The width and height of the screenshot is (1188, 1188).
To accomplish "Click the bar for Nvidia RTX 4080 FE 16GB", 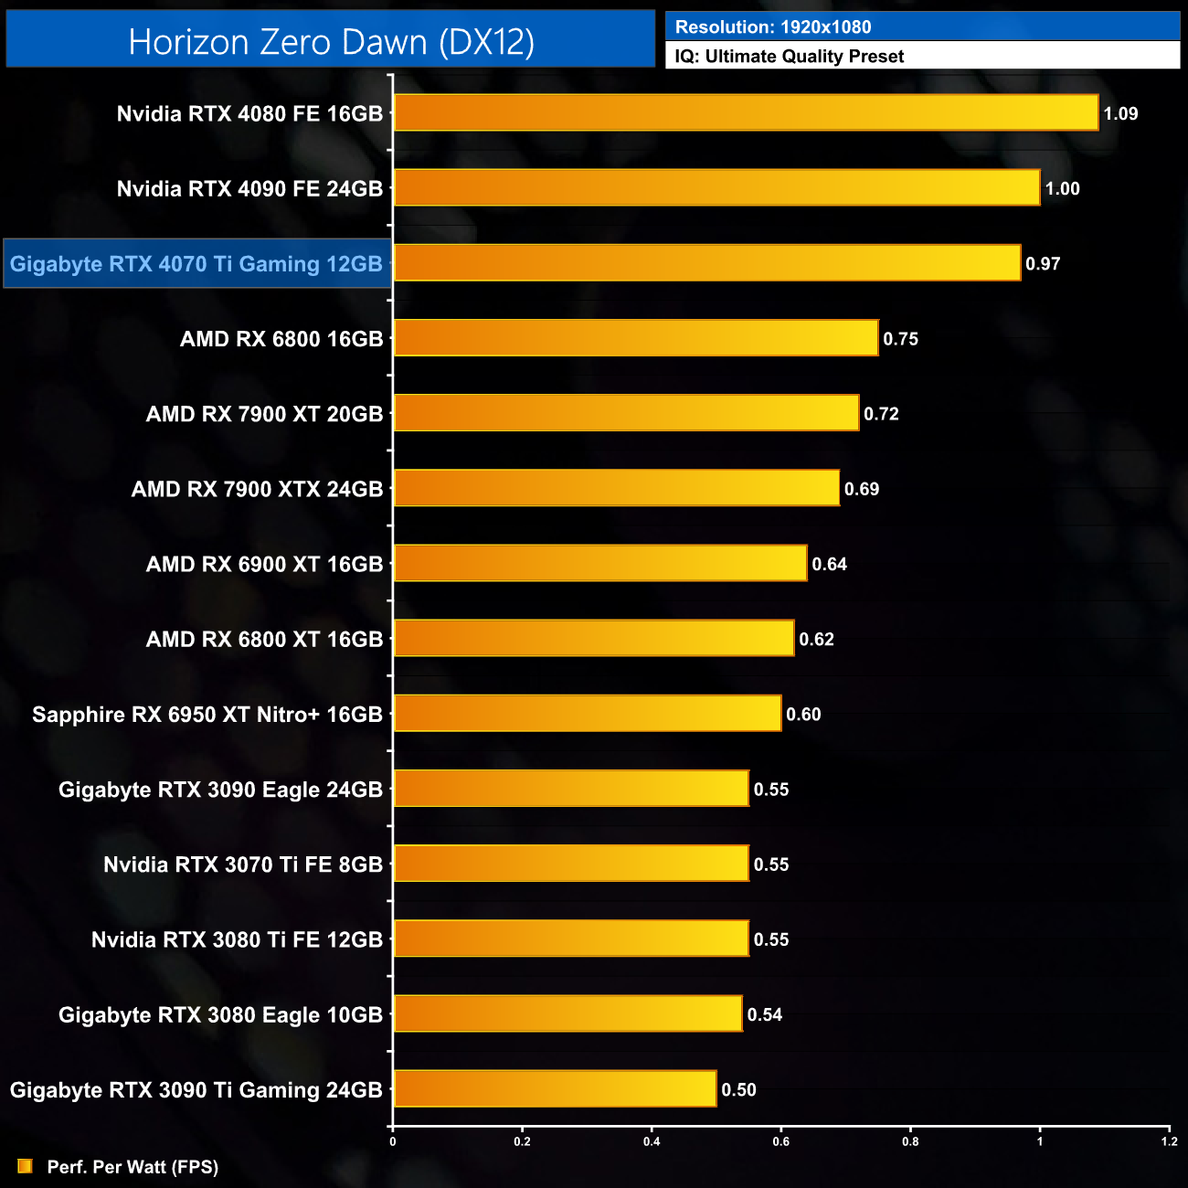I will coord(746,113).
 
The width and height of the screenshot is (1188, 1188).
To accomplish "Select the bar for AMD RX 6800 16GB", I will coord(636,338).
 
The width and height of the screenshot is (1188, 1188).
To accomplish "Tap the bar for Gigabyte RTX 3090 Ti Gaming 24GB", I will coord(555,1089).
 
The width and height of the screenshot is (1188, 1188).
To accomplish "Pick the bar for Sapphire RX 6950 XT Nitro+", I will coord(588,714).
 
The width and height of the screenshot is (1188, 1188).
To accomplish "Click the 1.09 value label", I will coord(1120,114).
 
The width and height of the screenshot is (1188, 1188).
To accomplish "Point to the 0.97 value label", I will coord(1043,264).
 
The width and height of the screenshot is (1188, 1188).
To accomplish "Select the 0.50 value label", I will coord(738,1089).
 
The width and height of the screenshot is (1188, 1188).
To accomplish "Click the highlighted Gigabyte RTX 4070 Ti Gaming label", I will coord(196,264).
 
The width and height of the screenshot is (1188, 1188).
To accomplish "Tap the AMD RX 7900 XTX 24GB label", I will coord(257,489).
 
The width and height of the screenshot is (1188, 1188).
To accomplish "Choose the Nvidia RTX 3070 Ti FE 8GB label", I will coord(243,864).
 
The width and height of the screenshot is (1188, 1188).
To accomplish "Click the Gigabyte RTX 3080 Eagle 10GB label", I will coord(220,1014).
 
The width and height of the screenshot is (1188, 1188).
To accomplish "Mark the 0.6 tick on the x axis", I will coord(781,1140).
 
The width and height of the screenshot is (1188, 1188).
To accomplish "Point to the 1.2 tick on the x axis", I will coord(1170,1140).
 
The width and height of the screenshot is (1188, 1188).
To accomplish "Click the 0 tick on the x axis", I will coord(393,1140).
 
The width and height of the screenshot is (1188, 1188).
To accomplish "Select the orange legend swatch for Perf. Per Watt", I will coord(25,1166).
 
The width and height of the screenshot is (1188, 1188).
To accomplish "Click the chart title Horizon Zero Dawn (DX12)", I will coord(331,42).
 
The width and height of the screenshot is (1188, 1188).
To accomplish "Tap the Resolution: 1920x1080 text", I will coord(773,27).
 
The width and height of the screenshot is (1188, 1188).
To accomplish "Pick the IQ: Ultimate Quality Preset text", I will coord(790,57).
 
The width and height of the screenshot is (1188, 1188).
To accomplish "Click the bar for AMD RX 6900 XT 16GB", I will coord(600,564).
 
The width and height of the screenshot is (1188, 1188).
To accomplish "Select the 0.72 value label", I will coord(881,414).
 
